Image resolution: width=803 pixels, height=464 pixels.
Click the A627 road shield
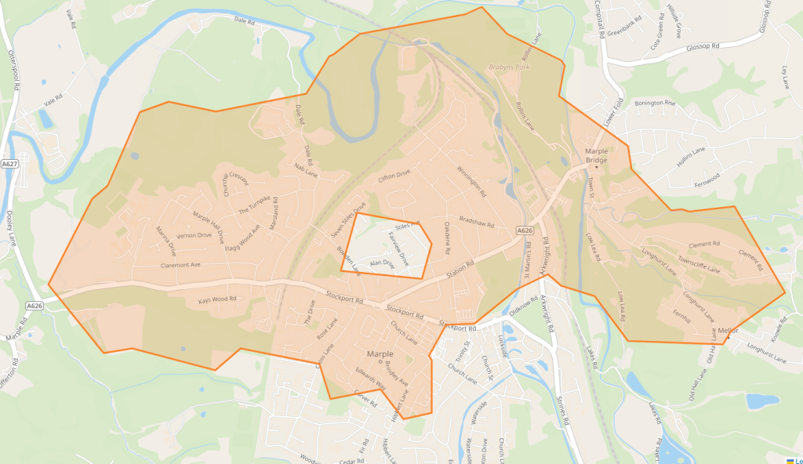click(x=9, y=164)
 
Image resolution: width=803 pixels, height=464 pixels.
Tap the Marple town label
click(x=380, y=354)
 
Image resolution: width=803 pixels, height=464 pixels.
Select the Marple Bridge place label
click(x=597, y=155)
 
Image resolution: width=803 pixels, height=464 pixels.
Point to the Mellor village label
click(x=727, y=332)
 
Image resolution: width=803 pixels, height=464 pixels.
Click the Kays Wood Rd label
click(x=217, y=300)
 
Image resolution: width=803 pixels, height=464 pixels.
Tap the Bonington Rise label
click(x=654, y=103)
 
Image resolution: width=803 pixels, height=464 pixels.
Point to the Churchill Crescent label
click(x=234, y=183)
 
